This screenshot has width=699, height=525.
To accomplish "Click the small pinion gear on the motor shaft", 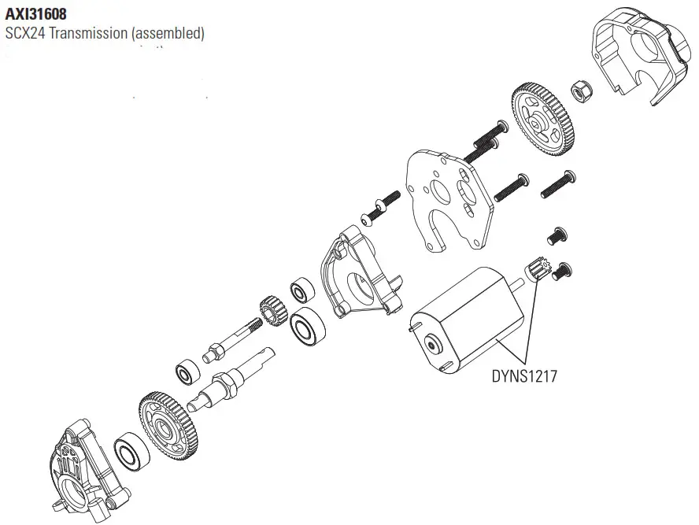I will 536,271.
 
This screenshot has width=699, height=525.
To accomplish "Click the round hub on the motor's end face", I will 431,343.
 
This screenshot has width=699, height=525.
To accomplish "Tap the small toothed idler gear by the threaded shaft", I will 272,309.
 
